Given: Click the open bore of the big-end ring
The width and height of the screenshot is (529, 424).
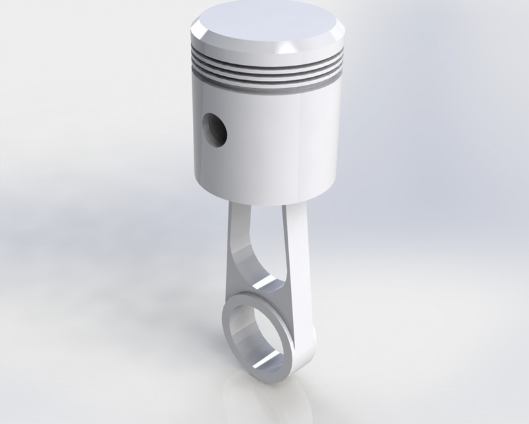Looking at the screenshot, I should click(255, 331).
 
